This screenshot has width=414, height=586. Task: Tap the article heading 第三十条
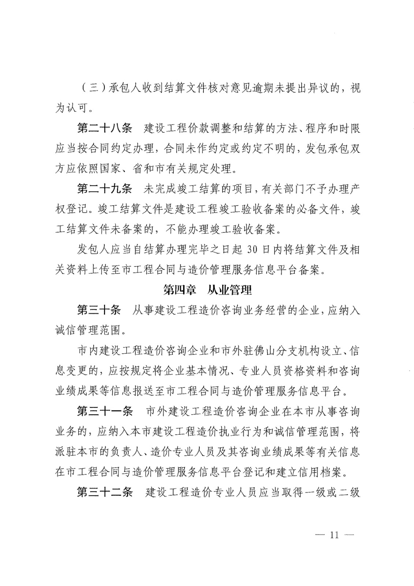(x=99, y=310)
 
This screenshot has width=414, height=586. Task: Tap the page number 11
(x=334, y=535)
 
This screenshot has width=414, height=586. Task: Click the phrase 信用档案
(x=324, y=472)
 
